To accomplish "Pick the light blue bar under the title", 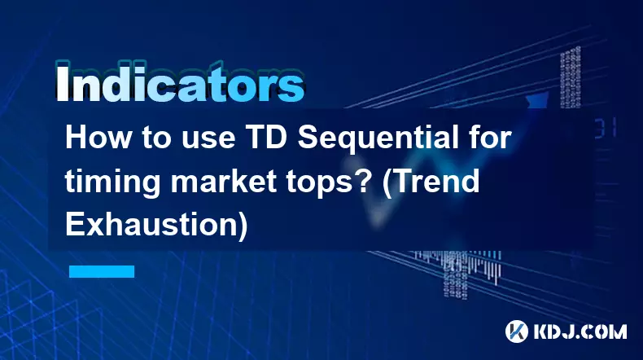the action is pyautogui.click(x=102, y=271).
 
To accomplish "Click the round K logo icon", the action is pyautogui.click(x=516, y=331).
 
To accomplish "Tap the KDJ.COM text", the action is pyautogui.click(x=580, y=331).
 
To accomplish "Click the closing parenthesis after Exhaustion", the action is pyautogui.click(x=243, y=226).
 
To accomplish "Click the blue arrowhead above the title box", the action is pyautogui.click(x=537, y=100).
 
